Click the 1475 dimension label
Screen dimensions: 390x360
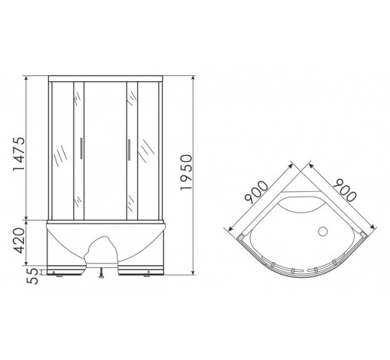20,154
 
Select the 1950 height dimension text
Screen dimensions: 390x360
186,172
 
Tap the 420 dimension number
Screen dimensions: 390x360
20,240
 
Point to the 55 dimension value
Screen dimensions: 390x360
32,276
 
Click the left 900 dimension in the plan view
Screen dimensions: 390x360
257,192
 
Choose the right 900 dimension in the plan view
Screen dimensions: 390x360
345,190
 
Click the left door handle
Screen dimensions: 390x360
81,148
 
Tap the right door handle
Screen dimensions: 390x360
129,150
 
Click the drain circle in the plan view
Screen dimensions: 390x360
323,231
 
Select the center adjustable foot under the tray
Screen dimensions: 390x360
102,273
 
